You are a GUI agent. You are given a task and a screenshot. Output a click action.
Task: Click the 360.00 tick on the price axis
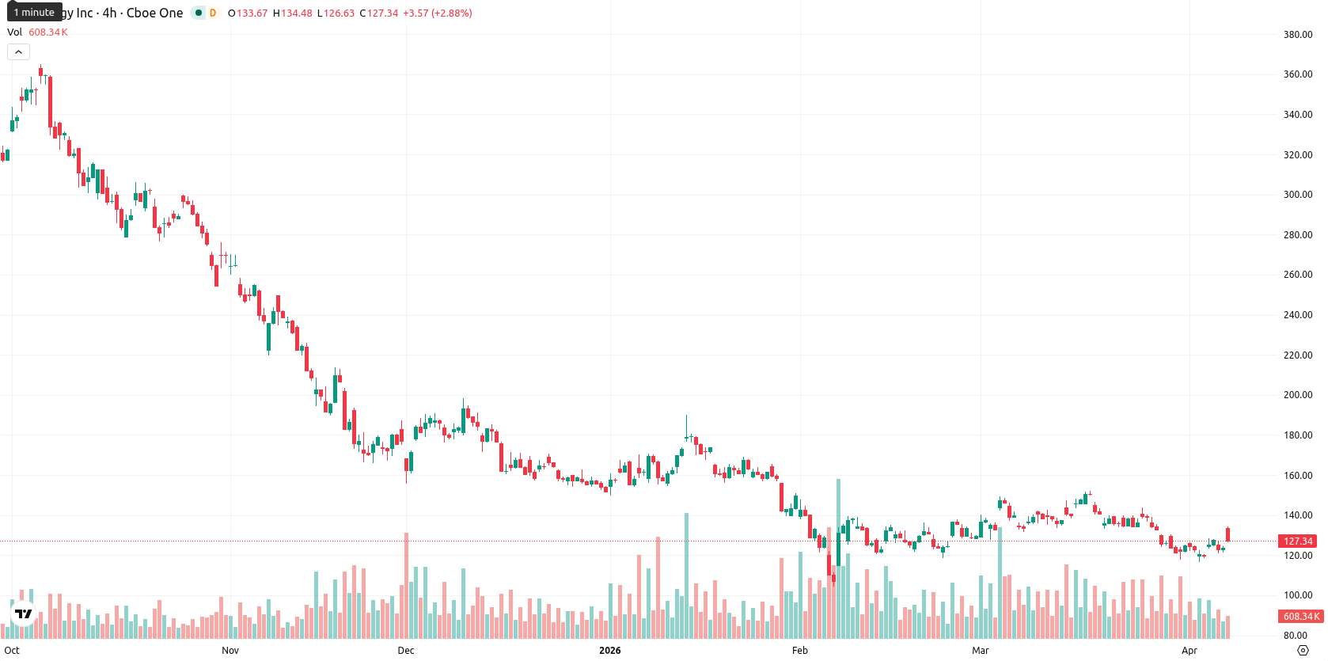coord(1298,74)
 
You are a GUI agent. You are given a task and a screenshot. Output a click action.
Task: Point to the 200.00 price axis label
coord(1298,395)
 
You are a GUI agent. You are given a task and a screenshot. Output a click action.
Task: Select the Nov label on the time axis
coord(230,651)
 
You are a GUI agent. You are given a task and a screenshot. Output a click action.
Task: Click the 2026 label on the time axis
coord(610,651)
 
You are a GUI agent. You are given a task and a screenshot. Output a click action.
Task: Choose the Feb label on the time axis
coord(800,651)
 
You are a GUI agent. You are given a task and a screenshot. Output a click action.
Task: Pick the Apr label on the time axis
coord(1190,651)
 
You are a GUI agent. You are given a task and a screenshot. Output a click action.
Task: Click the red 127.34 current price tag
coord(1297,541)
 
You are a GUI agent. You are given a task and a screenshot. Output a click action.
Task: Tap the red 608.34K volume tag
coord(1301,617)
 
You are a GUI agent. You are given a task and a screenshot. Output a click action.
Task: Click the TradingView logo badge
coord(24,614)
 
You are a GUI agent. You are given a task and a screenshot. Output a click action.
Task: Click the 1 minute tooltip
coord(34,12)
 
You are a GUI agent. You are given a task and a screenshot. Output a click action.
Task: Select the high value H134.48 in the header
coord(292,13)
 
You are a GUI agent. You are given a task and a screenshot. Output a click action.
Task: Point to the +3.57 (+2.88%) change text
coord(438,13)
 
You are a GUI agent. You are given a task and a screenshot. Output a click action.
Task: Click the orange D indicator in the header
coord(213,13)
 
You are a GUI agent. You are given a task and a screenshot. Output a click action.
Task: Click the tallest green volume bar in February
coord(838,558)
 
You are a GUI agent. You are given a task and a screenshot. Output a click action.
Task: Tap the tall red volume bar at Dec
coord(406,586)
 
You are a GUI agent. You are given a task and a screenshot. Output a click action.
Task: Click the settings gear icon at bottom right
coord(1303,651)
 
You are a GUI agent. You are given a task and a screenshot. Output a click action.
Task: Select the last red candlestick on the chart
coord(1227,534)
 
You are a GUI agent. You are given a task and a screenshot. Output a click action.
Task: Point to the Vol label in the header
coord(14,32)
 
